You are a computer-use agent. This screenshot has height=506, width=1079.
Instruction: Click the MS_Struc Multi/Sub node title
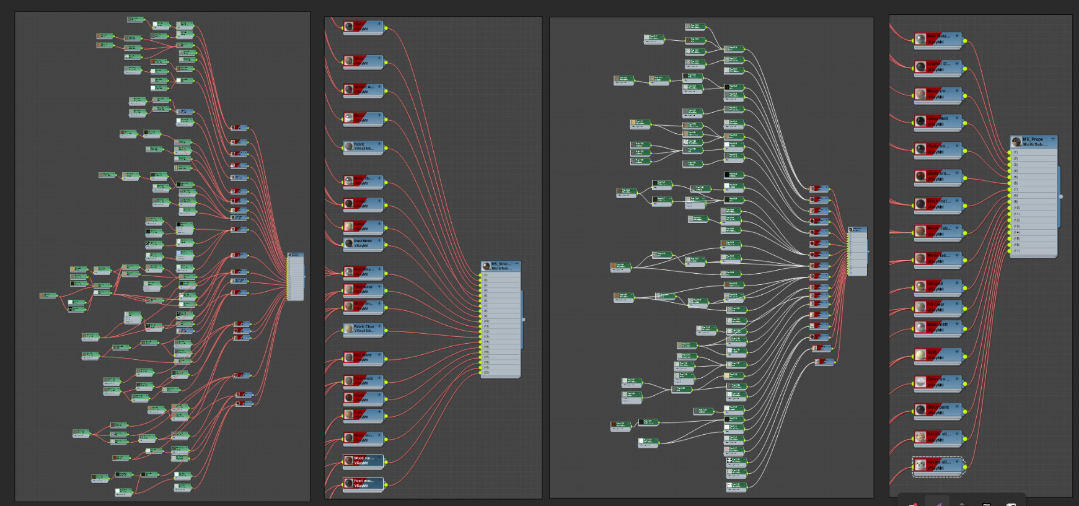[x=501, y=266]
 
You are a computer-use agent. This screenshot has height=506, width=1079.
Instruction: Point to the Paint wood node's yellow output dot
[x=385, y=484]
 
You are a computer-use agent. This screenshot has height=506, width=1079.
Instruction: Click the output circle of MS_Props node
[x=1061, y=197]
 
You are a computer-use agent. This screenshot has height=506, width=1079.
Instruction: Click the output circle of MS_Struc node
[x=524, y=320]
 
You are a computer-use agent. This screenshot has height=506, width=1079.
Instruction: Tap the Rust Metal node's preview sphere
[x=349, y=243]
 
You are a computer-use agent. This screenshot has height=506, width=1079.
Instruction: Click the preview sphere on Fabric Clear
[x=349, y=329]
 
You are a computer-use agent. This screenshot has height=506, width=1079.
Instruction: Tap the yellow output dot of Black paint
[x=966, y=410]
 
